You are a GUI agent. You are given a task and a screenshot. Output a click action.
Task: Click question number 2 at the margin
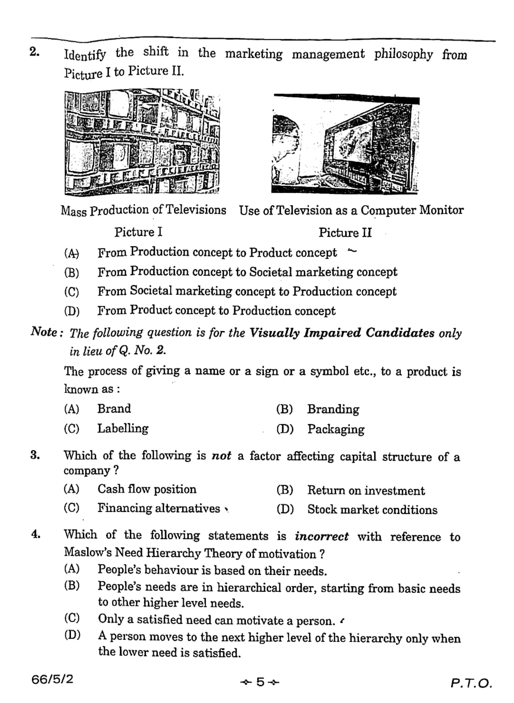pyautogui.click(x=34, y=52)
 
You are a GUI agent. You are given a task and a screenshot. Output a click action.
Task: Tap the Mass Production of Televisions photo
pyautogui.click(x=142, y=142)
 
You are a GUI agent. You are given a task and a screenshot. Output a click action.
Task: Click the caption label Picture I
pyautogui.click(x=138, y=232)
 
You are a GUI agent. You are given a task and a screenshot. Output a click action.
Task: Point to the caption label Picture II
pyautogui.click(x=345, y=232)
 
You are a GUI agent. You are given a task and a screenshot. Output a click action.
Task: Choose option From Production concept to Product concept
pyautogui.click(x=217, y=252)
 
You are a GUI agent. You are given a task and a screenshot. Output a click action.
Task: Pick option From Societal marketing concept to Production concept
pyautogui.click(x=247, y=291)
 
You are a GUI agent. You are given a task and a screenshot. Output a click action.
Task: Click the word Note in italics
pyautogui.click(x=44, y=332)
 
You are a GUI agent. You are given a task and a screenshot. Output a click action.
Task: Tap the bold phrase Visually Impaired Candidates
pyautogui.click(x=342, y=333)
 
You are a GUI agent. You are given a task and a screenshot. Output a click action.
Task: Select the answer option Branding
pyautogui.click(x=333, y=409)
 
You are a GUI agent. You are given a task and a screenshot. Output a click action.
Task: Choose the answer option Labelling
pyautogui.click(x=123, y=428)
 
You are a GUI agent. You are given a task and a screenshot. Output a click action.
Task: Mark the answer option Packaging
pyautogui.click(x=336, y=429)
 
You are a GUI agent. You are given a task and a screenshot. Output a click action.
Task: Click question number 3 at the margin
pyautogui.click(x=35, y=455)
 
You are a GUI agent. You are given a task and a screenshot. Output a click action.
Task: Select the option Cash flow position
pyautogui.click(x=147, y=489)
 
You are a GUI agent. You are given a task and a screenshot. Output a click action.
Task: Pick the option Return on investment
pyautogui.click(x=366, y=491)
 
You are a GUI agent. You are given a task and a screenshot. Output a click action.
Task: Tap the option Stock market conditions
pyautogui.click(x=372, y=510)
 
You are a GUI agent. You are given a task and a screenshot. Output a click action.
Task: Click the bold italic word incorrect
pyautogui.click(x=321, y=536)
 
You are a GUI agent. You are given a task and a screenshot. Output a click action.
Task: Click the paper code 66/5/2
pyautogui.click(x=52, y=679)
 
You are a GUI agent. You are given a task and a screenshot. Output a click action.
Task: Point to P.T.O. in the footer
pyautogui.click(x=471, y=683)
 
